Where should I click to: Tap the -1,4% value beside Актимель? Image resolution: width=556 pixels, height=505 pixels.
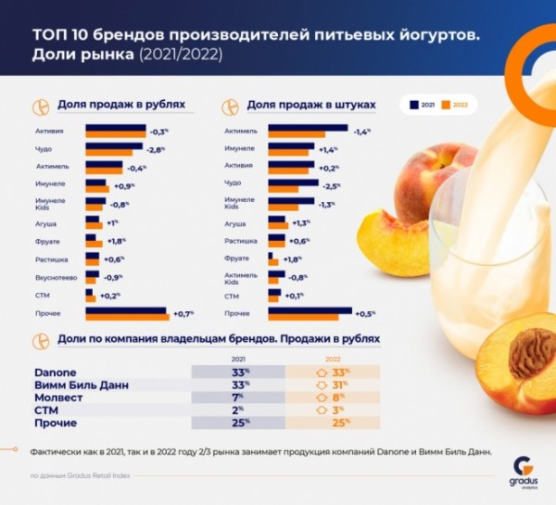coord(362,132)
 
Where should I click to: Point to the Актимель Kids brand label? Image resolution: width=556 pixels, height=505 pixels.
coord(241,276)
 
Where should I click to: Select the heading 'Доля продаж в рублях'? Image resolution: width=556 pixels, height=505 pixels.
coord(120,106)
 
